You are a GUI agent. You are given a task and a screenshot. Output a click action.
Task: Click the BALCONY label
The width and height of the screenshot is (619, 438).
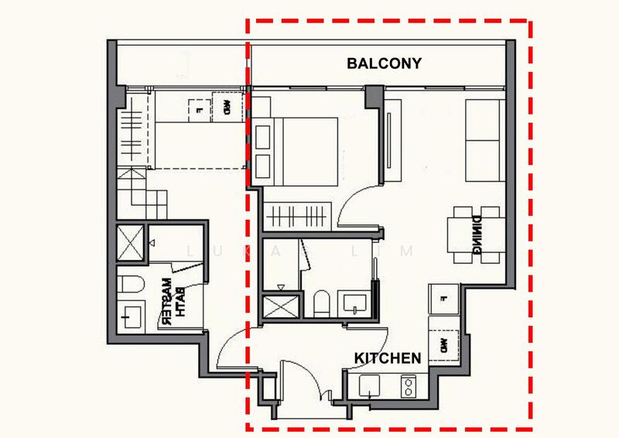384,63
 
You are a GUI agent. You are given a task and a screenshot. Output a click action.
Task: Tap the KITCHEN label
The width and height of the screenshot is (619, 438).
388,358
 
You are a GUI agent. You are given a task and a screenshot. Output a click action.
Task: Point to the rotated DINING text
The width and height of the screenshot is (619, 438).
479,233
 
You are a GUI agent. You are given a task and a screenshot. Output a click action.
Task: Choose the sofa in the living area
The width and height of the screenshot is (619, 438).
483,139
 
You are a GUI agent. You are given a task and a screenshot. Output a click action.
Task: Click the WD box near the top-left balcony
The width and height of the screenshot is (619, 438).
227,108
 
